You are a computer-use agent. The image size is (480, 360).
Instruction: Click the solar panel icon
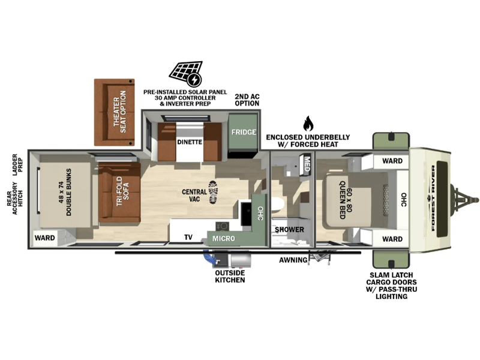[185, 74]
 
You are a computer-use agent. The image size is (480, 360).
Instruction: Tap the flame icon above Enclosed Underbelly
[308, 124]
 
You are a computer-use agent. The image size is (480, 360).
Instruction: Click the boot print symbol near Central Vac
[213, 192]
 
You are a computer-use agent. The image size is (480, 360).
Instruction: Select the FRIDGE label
[244, 132]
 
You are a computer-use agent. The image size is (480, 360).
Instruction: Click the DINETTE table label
[190, 142]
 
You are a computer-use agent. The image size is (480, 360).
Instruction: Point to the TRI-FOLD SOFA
[119, 193]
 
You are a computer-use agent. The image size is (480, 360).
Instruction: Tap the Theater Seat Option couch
[115, 112]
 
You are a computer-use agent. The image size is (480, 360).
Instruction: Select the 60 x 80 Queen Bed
[349, 200]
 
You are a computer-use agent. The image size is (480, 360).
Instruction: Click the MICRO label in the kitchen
[224, 238]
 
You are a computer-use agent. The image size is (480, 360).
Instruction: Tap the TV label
[188, 237]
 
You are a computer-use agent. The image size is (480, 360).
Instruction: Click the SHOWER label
[289, 230]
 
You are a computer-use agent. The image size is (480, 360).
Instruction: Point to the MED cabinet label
[307, 164]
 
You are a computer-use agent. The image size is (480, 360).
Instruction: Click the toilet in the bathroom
[278, 205]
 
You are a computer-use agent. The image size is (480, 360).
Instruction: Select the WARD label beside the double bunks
[44, 238]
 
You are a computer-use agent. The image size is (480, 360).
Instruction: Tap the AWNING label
[293, 260]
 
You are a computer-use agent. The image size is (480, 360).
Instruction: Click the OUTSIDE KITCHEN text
[230, 277]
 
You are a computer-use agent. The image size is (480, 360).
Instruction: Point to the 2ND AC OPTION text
[247, 100]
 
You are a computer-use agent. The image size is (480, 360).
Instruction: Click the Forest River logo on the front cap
[433, 198]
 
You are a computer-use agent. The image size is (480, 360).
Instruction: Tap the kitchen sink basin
[245, 214]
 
